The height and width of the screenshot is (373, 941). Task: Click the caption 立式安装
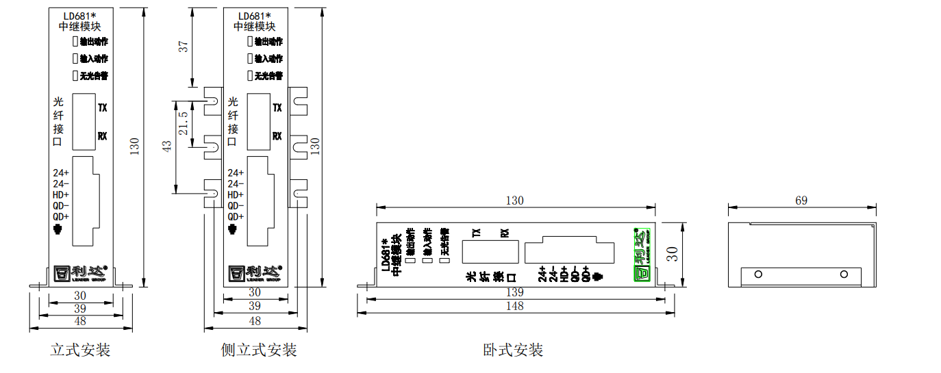point(80,350)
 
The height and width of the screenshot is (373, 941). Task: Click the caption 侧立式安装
point(259,350)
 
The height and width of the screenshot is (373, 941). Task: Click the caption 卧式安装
point(513,350)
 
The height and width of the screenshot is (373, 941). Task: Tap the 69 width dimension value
point(801,201)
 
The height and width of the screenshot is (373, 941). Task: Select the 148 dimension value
point(514,306)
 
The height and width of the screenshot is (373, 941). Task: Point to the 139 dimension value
point(514,292)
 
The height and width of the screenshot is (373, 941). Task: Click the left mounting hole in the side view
point(758,274)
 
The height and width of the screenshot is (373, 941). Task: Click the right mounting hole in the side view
point(844,274)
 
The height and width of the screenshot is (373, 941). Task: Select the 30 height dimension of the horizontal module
point(673,254)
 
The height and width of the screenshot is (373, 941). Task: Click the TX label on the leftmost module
point(103,108)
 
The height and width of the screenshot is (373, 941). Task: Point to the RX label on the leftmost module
point(103,136)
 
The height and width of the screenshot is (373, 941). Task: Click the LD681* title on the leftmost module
point(80,16)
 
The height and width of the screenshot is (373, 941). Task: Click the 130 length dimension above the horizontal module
point(514,201)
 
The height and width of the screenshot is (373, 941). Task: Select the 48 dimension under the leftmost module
point(80,321)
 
